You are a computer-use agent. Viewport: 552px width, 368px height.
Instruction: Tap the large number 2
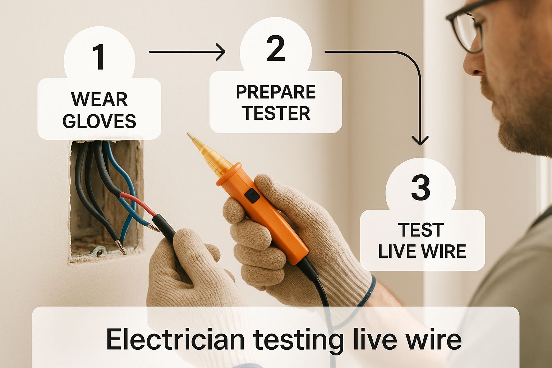tap(276, 48)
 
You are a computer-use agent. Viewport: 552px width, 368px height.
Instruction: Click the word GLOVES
tap(99, 121)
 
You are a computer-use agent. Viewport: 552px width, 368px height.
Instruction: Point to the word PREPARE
tap(276, 92)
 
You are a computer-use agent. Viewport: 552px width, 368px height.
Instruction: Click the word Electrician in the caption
tap(175, 339)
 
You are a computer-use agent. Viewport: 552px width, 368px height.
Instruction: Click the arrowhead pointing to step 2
tap(221, 52)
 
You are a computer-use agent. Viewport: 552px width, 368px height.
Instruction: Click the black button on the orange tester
tap(252, 196)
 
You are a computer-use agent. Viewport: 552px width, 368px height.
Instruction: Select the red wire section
tap(138, 204)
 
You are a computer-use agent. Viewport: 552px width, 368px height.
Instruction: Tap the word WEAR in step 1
tap(99, 99)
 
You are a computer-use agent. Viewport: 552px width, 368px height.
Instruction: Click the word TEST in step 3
tap(421, 230)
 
